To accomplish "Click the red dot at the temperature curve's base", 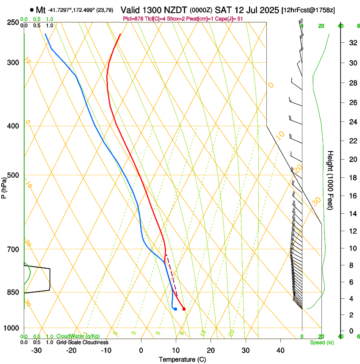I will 184,309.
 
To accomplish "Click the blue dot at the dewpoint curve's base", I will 175,309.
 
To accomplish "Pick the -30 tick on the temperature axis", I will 36,350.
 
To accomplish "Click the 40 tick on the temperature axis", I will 280,350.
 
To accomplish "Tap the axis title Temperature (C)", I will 182,359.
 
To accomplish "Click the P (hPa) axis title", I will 4,186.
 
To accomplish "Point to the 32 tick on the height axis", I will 352,43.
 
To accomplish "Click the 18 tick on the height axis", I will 352,178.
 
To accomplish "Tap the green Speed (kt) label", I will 321,342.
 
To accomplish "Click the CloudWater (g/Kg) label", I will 79,336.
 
